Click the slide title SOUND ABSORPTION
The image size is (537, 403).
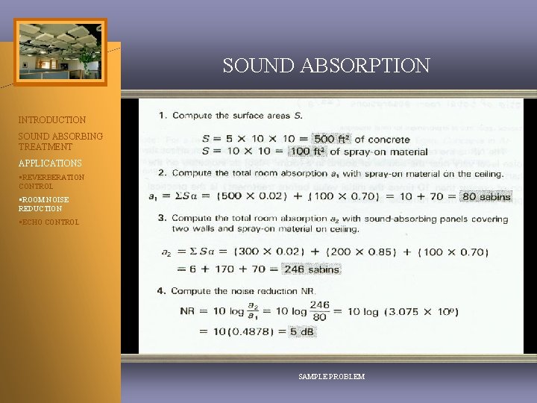[326, 66]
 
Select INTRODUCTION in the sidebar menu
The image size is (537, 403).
[52, 119]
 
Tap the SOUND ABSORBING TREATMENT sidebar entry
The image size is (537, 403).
[61, 142]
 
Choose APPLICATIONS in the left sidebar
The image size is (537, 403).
[50, 163]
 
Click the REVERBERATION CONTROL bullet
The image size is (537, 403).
[51, 181]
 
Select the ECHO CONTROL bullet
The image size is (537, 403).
[48, 222]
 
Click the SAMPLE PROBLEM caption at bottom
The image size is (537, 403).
[331, 377]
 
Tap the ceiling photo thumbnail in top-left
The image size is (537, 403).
[60, 51]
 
